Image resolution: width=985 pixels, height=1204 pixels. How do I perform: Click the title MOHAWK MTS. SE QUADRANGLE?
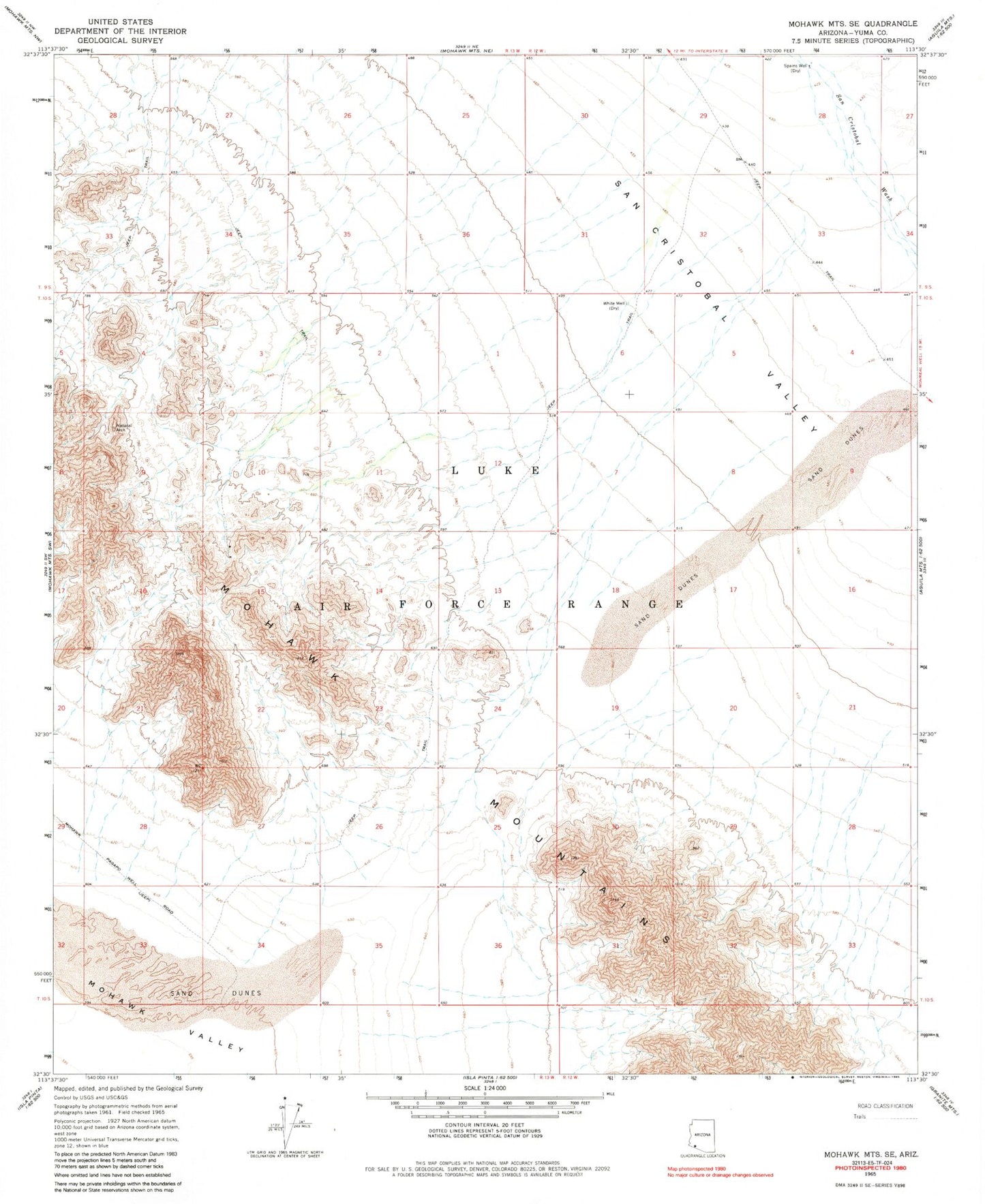pos(852,24)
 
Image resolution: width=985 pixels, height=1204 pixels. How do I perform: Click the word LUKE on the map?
pos(496,471)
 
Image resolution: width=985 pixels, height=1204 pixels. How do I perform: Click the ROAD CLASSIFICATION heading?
pos(885,1106)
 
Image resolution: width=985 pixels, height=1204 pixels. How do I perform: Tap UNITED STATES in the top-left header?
pos(120,22)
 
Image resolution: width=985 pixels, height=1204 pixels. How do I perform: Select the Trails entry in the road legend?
pos(860,1117)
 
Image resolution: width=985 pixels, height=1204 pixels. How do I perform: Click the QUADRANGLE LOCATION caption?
pos(702,1156)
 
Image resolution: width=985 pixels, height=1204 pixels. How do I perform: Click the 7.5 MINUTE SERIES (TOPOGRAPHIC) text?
pos(853,41)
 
